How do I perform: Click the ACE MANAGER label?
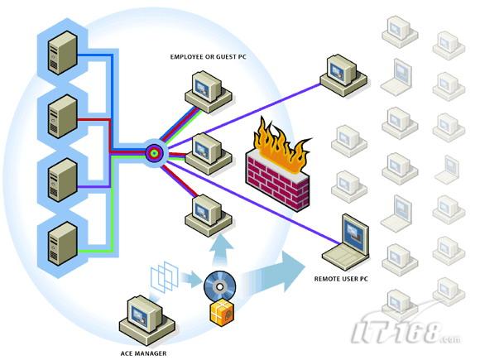[143, 353]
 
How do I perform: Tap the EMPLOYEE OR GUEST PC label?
[209, 57]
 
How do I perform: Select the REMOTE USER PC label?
[341, 279]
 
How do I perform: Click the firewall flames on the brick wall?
[280, 144]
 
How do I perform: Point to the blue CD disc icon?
[219, 286]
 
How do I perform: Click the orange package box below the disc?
[222, 312]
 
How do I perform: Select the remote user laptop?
[346, 242]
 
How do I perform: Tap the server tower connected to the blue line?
[62, 53]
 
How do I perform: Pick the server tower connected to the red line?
[62, 117]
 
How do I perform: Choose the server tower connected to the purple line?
[62, 180]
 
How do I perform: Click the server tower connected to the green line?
[62, 243]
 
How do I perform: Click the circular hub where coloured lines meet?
[155, 153]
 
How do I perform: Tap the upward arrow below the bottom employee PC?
[220, 249]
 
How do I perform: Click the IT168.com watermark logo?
[406, 330]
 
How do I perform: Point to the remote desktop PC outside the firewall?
[343, 75]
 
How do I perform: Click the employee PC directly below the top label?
[209, 92]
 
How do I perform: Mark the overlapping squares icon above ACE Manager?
[165, 277]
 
